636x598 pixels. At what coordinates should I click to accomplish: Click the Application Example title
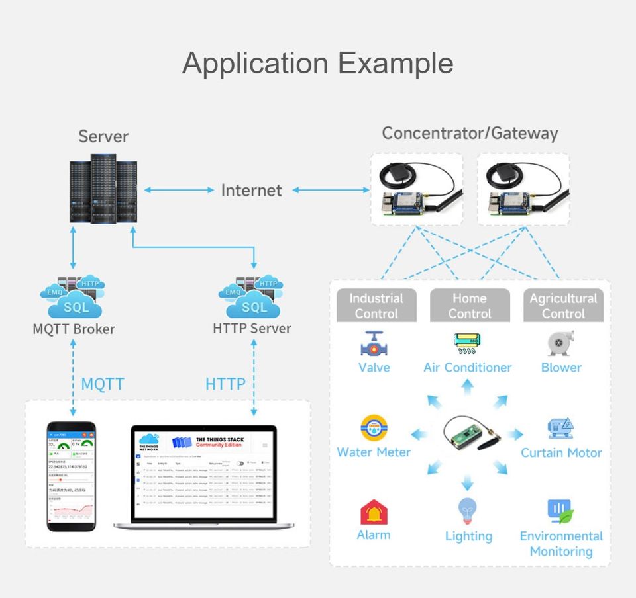pos(317,64)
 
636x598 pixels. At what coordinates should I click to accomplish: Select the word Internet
pos(251,191)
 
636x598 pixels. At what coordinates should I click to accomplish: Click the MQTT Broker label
pos(74,329)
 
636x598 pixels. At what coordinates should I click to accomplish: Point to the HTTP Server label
pos(252,328)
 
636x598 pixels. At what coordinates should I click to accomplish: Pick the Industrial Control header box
pos(376,306)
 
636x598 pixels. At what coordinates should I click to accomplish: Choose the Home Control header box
pos(470,306)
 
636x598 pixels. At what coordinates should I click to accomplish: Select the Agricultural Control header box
pos(563,306)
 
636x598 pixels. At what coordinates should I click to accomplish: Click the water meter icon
pos(374,428)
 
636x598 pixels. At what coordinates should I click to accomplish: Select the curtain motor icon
pos(560,428)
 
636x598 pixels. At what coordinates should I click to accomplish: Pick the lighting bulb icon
pos(468,511)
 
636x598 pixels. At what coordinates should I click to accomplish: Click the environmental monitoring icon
pos(560,512)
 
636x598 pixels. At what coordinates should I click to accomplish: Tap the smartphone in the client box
pos(71,476)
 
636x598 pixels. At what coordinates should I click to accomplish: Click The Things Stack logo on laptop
pos(208,441)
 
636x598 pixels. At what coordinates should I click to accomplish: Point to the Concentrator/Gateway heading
pos(470,133)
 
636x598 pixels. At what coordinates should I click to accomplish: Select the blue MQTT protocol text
pos(103,384)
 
